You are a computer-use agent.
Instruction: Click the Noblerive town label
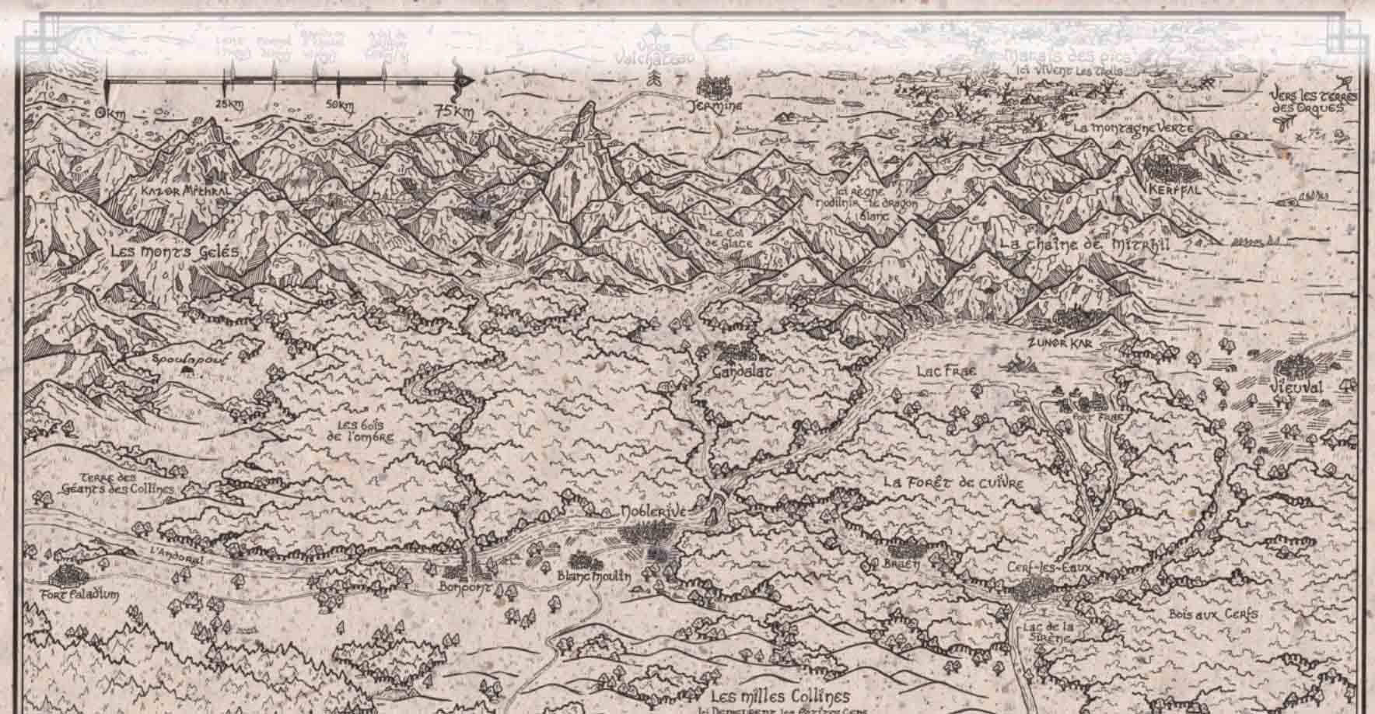653,513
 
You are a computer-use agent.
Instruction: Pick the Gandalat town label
742,373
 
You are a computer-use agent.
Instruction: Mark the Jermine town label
720,106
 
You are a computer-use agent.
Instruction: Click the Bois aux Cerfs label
1213,614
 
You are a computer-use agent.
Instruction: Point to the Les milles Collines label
780,695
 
